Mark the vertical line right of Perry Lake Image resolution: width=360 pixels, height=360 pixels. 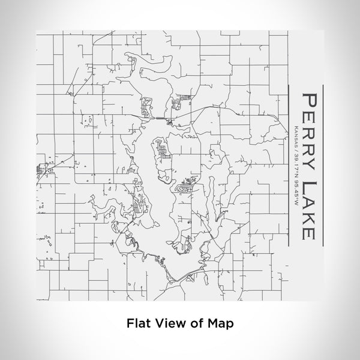[324, 165]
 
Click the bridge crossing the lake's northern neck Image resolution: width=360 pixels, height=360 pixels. [161, 118]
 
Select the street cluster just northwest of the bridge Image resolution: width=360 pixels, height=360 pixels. [146, 109]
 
